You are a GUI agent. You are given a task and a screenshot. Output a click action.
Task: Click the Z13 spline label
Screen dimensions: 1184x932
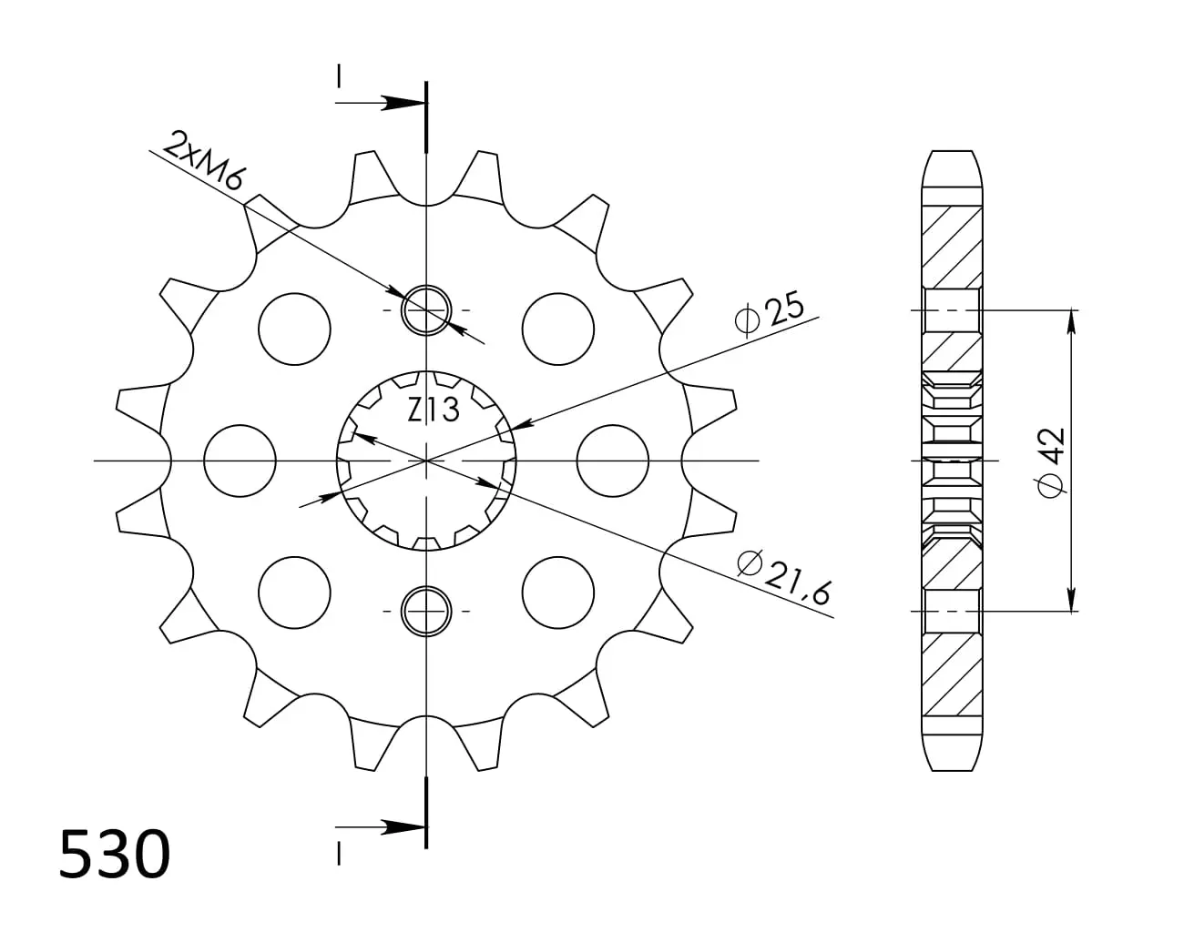pyautogui.click(x=433, y=410)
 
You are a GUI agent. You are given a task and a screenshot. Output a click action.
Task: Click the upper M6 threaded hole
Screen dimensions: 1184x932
pyautogui.click(x=426, y=310)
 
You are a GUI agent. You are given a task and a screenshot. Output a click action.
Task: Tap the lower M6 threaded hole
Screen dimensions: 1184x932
pyautogui.click(x=426, y=611)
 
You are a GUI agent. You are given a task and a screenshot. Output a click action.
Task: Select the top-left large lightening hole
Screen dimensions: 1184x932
pyautogui.click(x=294, y=329)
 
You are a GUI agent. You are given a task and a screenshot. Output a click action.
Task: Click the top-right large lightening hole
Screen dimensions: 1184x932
pyautogui.click(x=558, y=329)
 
